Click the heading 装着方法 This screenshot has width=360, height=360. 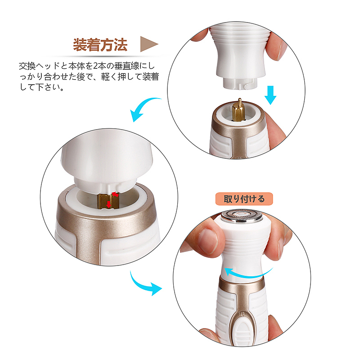[x=100, y=45]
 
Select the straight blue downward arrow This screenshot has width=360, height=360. [x=270, y=94]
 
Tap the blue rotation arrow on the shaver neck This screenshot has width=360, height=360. [x=250, y=271]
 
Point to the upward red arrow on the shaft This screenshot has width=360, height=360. [x=115, y=193]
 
